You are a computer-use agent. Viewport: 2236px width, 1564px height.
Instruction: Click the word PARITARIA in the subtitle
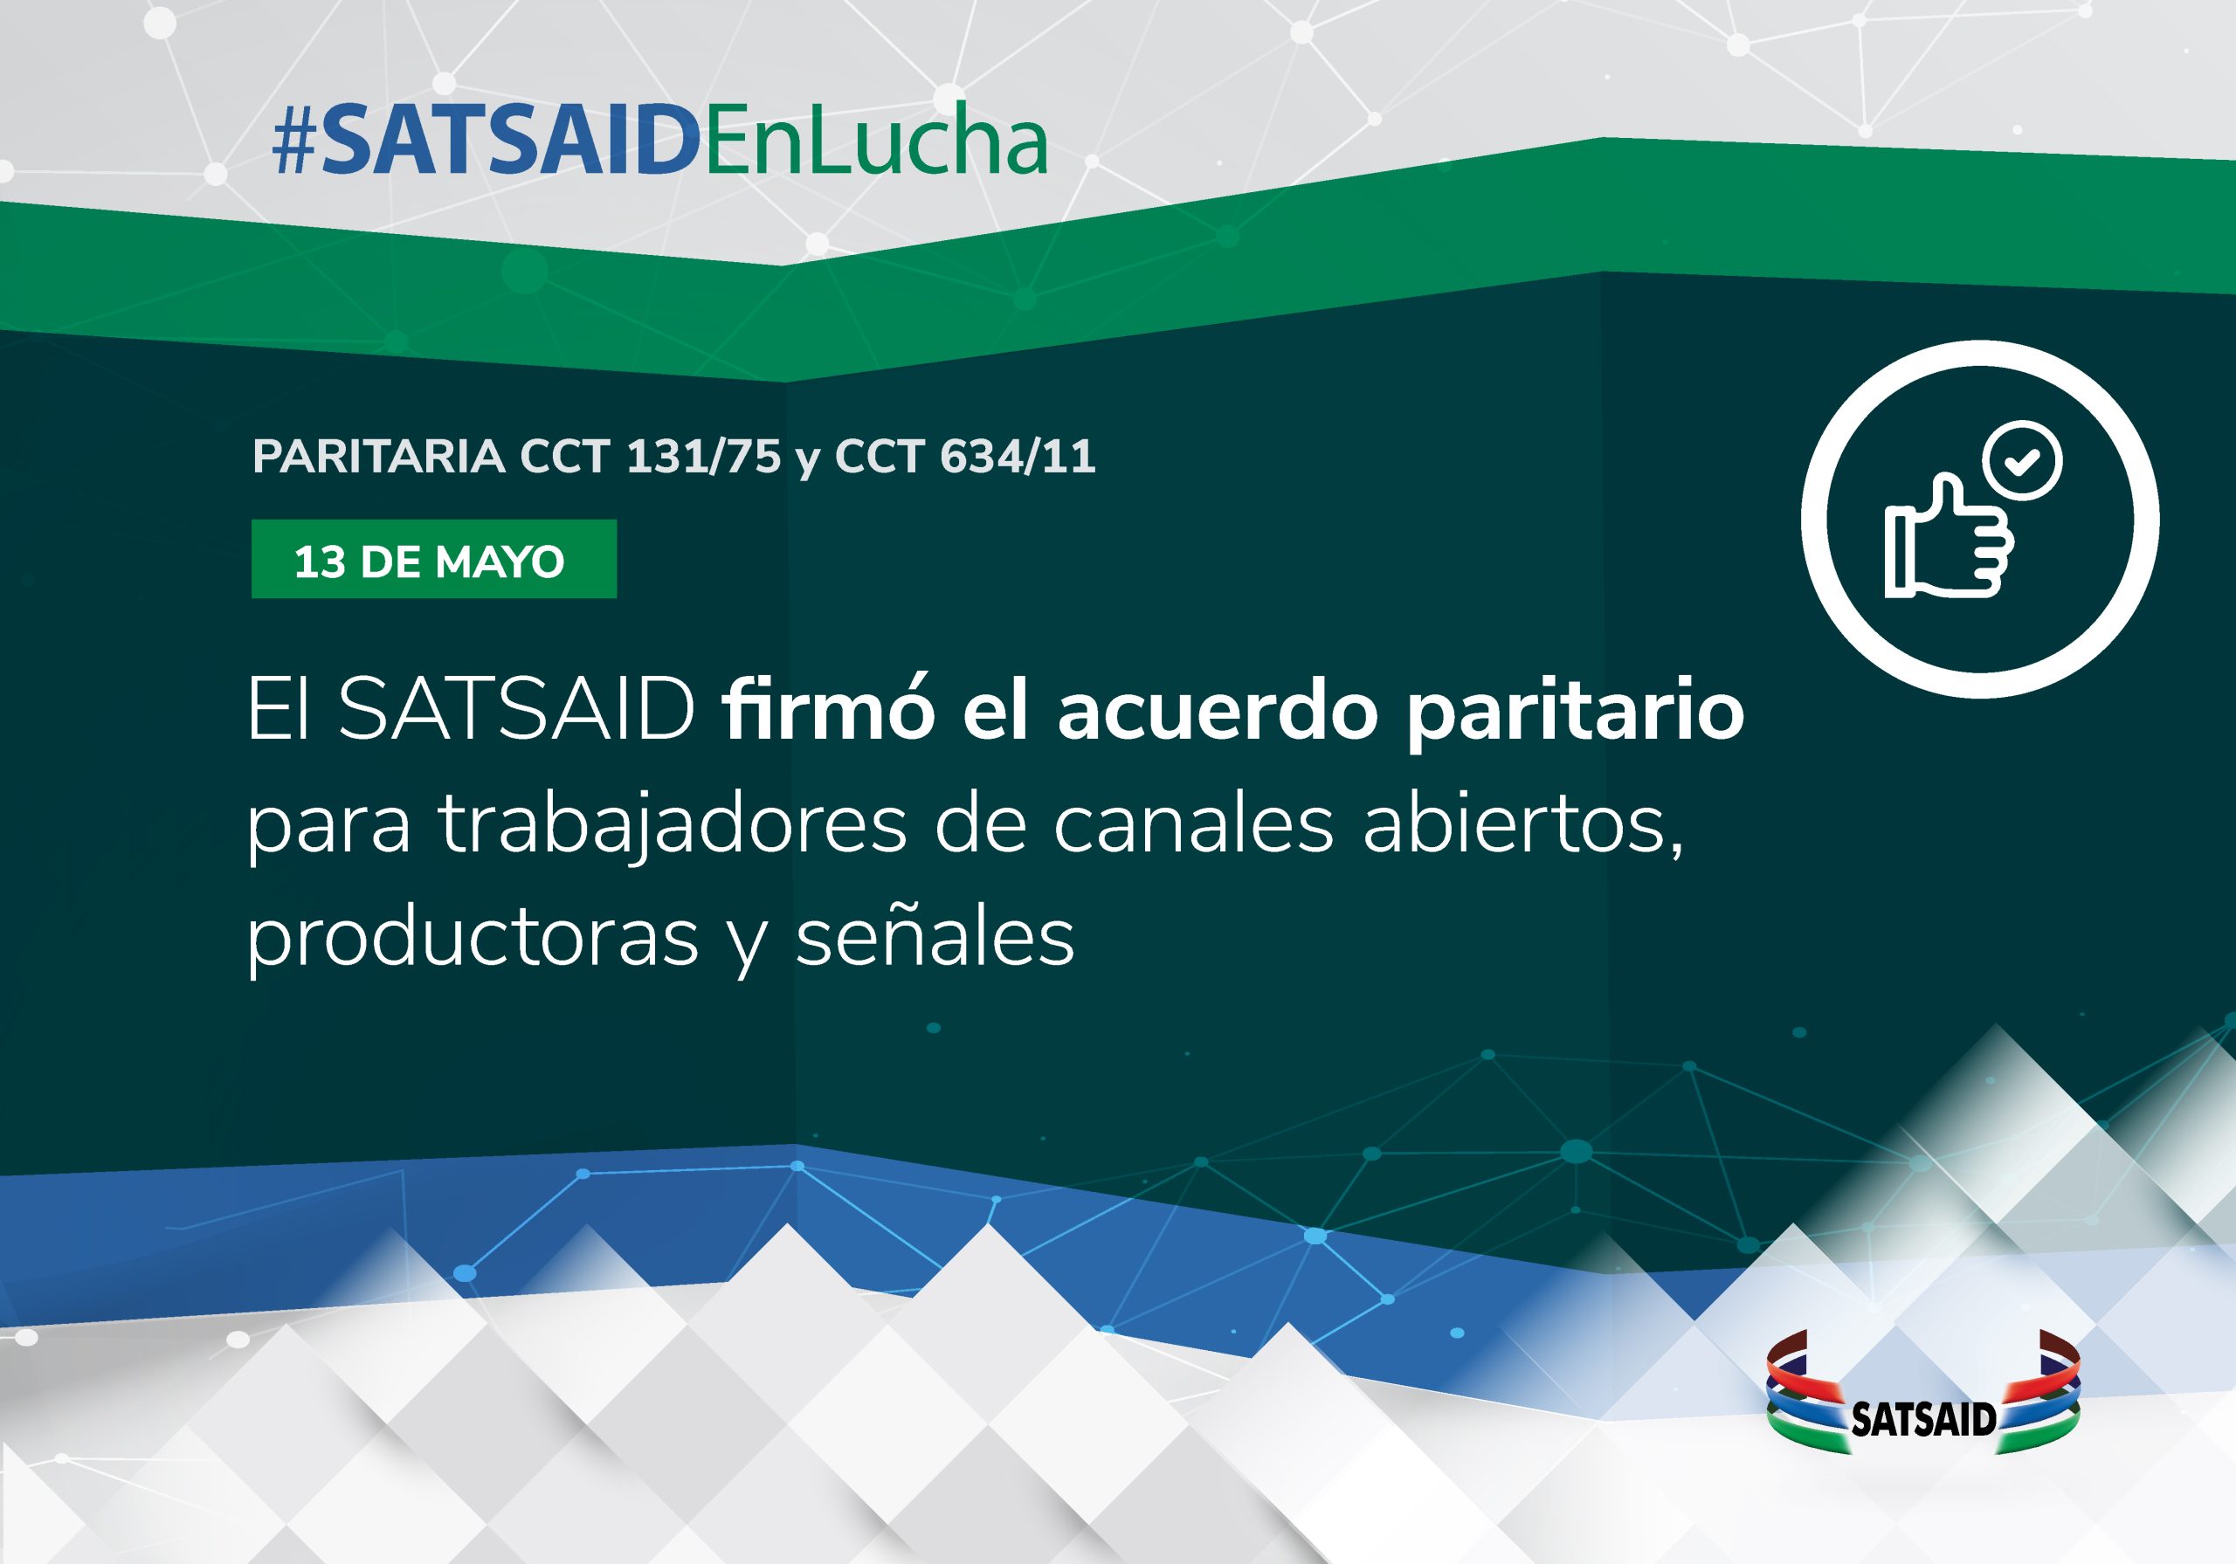click(379, 457)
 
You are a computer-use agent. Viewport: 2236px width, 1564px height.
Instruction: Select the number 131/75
click(703, 457)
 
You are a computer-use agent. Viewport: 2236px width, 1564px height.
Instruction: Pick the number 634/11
click(1018, 457)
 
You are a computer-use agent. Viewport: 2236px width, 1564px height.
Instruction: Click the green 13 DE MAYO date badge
click(433, 559)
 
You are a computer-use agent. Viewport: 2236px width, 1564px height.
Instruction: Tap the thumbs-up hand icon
click(1949, 536)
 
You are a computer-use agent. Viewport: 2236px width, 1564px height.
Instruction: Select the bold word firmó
click(829, 710)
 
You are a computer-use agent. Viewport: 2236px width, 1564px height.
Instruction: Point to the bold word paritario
click(1575, 716)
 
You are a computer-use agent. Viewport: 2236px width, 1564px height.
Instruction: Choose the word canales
click(1193, 823)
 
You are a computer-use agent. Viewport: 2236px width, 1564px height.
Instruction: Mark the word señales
click(935, 936)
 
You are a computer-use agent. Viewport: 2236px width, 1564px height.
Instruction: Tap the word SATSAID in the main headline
click(516, 709)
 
